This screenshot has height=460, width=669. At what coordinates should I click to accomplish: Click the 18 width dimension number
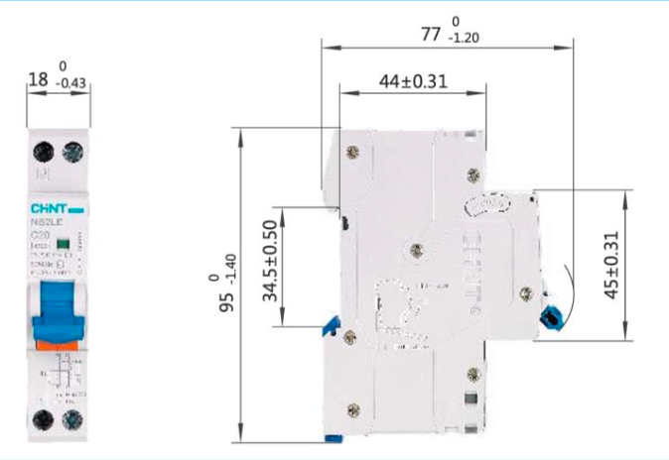[38, 77]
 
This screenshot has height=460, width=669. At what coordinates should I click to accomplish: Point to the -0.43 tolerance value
[72, 83]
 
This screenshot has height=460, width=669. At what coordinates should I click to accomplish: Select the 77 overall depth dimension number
[429, 34]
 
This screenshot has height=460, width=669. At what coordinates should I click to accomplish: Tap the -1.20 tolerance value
[464, 39]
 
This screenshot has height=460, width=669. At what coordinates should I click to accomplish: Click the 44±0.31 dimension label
[413, 81]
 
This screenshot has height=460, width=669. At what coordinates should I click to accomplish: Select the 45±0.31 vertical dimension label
[611, 265]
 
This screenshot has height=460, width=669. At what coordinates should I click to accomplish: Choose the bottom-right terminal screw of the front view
[71, 419]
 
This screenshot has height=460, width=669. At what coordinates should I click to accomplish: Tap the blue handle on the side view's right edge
[548, 317]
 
